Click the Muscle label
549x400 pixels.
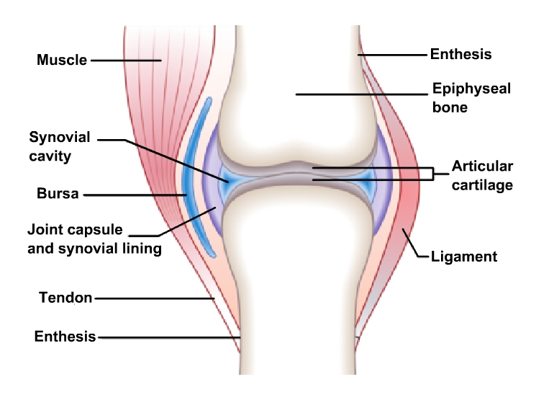point(62,60)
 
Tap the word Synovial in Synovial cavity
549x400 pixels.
point(60,138)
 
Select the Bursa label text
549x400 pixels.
point(58,194)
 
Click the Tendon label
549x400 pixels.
point(65,298)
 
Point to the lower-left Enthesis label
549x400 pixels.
point(65,337)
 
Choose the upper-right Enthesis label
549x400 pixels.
point(460,54)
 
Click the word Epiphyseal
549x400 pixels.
point(471,89)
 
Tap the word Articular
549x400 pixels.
point(482,166)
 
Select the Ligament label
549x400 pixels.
point(464,257)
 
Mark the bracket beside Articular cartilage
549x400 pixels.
point(433,174)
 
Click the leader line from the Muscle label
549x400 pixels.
point(126,61)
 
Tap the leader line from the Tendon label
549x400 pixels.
point(155,298)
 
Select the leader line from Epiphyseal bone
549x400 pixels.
point(362,94)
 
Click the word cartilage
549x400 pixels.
point(482,185)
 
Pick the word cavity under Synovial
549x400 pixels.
point(50,156)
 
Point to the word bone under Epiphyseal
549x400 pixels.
point(450,107)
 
